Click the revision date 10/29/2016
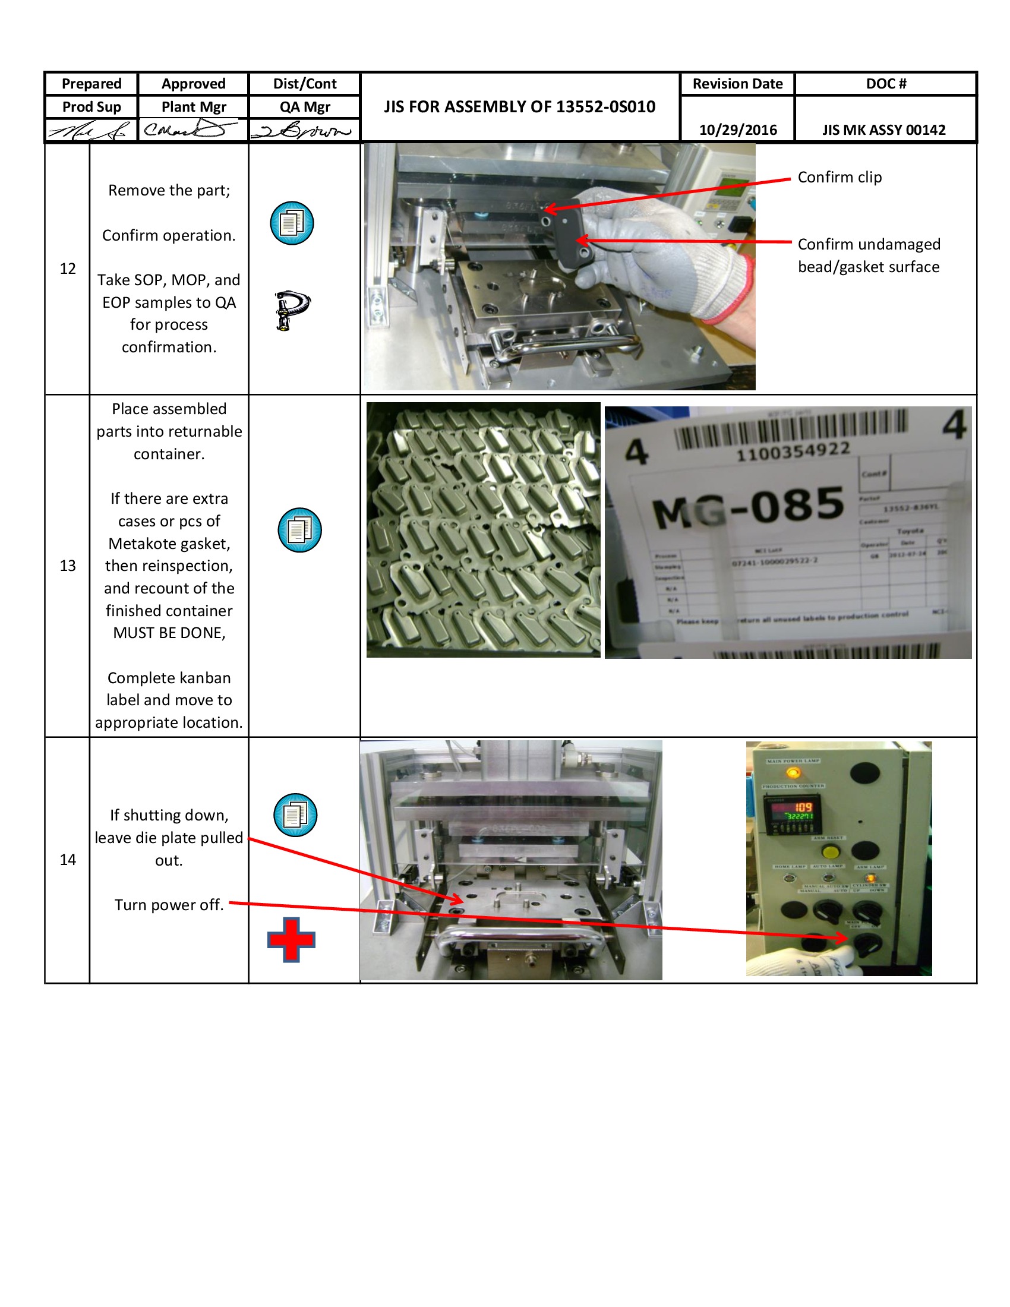pyautogui.click(x=737, y=130)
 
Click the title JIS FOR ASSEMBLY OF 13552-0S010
pyautogui.click(x=519, y=106)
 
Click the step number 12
pyautogui.click(x=68, y=269)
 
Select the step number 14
pyautogui.click(x=68, y=860)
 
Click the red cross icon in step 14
pyautogui.click(x=291, y=940)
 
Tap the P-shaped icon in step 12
pyautogui.click(x=291, y=310)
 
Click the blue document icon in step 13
pyautogui.click(x=300, y=529)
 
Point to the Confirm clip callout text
pyautogui.click(x=839, y=177)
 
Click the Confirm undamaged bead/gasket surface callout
pyautogui.click(x=868, y=255)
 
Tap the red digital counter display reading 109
pyautogui.click(x=803, y=807)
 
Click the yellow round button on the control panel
pyautogui.click(x=830, y=851)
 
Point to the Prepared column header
pyautogui.click(x=91, y=84)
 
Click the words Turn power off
pyautogui.click(x=169, y=904)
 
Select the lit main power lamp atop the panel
pyautogui.click(x=793, y=772)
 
